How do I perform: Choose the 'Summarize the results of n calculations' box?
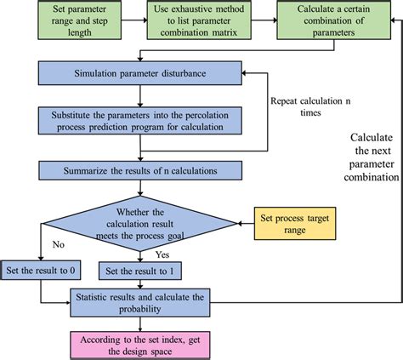point(140,170)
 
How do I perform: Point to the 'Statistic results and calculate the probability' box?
point(141,302)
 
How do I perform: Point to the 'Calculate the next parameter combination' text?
point(375,157)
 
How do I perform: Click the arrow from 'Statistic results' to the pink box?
point(141,323)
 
